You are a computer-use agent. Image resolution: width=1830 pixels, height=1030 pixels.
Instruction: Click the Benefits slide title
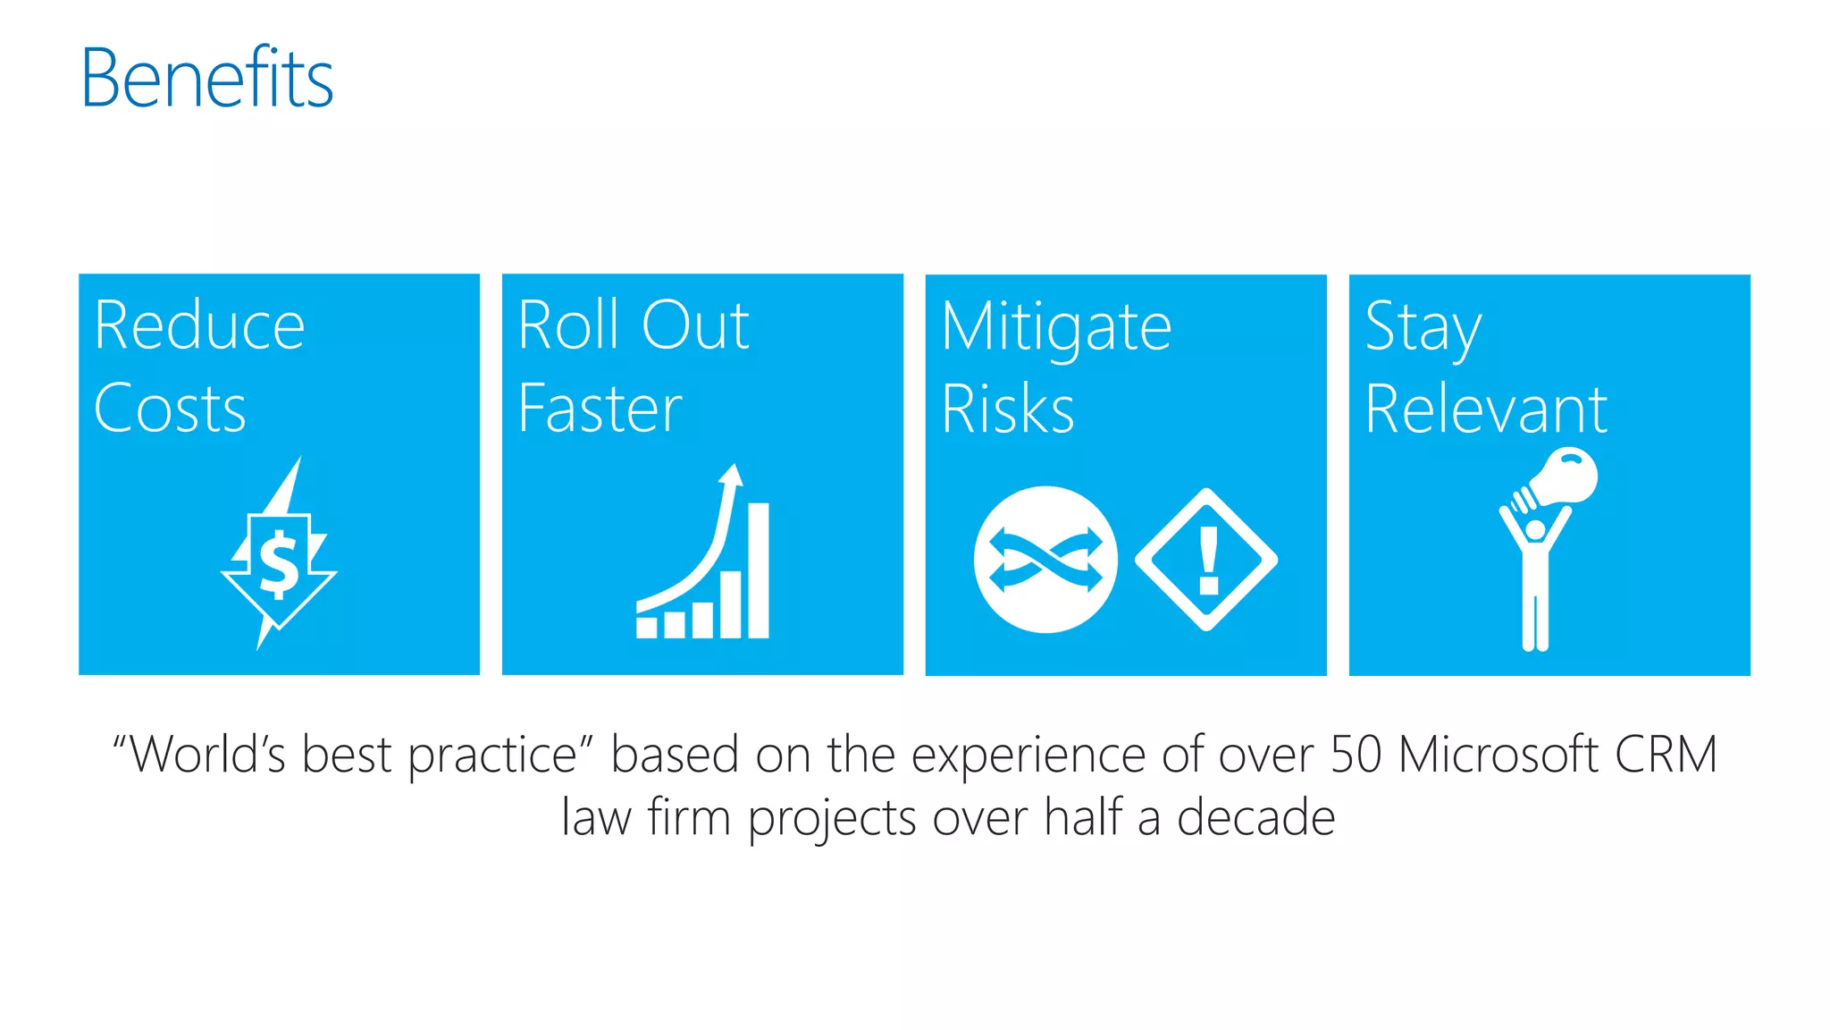point(206,78)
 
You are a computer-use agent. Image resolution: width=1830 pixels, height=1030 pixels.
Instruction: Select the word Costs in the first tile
point(170,409)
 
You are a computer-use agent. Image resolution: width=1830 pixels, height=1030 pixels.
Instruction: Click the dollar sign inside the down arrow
point(279,564)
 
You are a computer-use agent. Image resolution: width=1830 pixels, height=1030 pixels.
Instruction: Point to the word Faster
point(600,409)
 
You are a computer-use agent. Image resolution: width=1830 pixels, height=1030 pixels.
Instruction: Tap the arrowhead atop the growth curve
point(732,474)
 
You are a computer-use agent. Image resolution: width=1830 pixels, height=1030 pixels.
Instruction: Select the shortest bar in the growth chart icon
point(646,626)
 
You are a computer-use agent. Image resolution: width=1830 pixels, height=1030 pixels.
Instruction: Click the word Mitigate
point(1056,327)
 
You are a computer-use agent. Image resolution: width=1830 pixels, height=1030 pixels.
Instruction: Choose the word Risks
point(1008,409)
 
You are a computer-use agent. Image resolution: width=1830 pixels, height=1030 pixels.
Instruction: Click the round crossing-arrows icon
point(1045,560)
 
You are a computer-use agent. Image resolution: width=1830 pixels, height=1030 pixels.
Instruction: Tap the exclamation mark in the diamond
point(1208,560)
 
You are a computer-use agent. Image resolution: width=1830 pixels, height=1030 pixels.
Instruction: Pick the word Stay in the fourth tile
point(1423,327)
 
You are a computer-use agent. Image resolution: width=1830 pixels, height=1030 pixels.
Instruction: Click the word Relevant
point(1486,409)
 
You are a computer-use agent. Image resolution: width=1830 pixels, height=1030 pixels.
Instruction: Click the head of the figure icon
point(1535,529)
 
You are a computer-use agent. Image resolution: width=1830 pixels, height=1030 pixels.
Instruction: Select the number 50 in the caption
point(1356,754)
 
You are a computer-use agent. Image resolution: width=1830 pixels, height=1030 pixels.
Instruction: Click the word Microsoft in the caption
point(1498,754)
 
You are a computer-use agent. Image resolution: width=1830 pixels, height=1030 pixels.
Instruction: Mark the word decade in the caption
point(1255,817)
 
